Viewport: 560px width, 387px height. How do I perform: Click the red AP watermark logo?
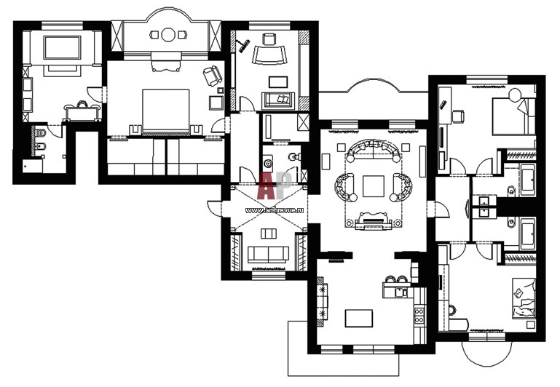pos(275,185)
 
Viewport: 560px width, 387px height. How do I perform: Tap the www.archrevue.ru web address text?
pos(275,211)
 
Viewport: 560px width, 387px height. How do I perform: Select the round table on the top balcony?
pos(167,35)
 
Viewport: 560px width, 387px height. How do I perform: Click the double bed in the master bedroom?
pos(166,111)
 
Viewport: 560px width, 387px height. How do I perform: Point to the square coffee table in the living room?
pos(374,186)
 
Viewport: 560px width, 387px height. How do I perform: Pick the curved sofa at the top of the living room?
pos(374,150)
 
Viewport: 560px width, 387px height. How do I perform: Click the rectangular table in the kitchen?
pos(359,318)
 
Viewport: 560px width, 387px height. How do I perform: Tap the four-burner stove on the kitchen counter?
pos(419,315)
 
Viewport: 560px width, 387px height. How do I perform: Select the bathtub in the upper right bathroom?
pos(527,180)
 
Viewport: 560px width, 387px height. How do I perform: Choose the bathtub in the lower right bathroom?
pos(527,234)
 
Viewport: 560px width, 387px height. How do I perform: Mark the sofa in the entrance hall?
pos(268,254)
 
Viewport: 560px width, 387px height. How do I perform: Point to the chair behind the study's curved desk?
pos(269,39)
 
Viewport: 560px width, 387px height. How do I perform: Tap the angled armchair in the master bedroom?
pos(212,74)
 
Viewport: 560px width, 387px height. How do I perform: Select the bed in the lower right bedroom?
pos(524,299)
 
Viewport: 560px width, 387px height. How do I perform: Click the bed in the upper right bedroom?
pos(514,116)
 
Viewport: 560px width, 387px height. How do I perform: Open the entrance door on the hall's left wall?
pos(215,208)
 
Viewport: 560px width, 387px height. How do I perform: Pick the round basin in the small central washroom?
pos(267,164)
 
